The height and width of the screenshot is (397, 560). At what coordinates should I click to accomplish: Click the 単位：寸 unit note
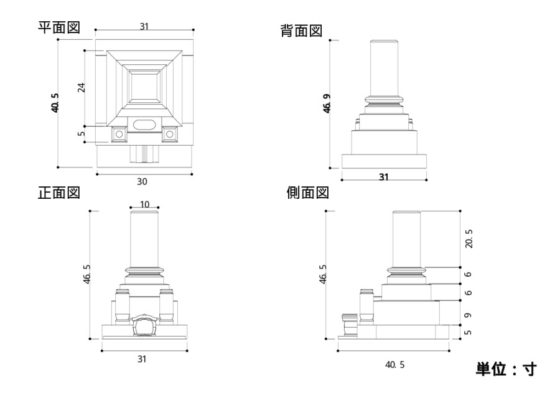505,369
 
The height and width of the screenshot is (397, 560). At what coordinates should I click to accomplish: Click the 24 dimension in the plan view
81,87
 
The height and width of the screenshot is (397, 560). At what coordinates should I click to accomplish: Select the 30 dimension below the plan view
143,181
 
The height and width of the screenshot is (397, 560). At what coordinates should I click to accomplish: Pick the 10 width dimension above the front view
144,204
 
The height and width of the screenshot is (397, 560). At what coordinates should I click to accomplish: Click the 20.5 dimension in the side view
469,238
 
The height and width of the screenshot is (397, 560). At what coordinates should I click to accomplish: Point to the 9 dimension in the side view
468,316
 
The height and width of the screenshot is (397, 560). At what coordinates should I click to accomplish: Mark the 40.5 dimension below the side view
394,364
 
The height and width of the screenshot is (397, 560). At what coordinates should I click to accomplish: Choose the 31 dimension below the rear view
384,177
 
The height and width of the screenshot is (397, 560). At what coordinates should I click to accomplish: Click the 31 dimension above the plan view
144,26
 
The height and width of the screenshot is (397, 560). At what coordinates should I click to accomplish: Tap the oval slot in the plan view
144,124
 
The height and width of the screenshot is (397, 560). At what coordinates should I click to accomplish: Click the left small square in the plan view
118,134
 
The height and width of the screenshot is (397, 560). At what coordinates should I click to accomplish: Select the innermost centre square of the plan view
144,87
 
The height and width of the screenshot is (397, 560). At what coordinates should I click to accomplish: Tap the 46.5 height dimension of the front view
87,274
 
